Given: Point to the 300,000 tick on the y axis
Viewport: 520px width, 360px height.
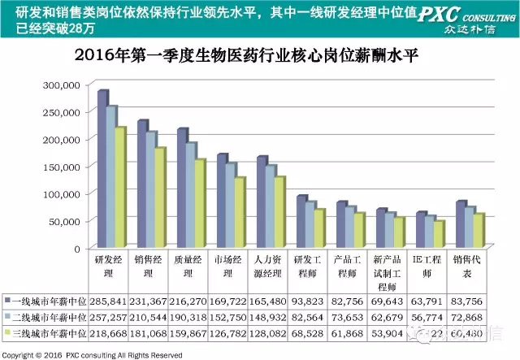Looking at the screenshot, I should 61,85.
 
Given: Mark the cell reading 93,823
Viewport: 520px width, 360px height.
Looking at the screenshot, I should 312,301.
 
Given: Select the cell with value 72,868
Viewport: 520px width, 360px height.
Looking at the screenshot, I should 470,316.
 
